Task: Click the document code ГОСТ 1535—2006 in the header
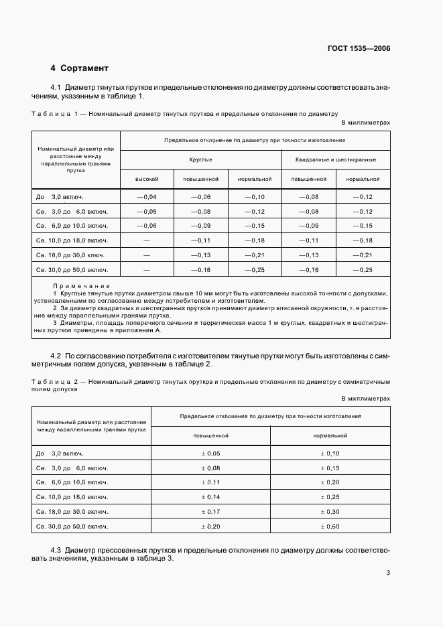pos(359,49)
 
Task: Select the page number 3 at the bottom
pos(388,572)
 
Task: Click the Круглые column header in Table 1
pos(201,160)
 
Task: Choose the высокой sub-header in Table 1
pos(147,180)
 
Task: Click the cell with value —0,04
pos(146,196)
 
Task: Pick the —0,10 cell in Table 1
pos(254,196)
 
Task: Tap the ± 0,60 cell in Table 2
pos(330,527)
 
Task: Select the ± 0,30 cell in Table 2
pos(330,512)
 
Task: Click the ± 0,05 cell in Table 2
pos(210,453)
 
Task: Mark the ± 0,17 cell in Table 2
pos(210,512)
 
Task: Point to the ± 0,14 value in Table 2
pos(210,497)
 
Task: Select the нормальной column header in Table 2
pos(330,435)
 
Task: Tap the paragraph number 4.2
pos(56,354)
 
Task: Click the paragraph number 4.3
pos(56,549)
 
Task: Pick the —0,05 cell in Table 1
pos(146,211)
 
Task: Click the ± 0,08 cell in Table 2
pos(210,468)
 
